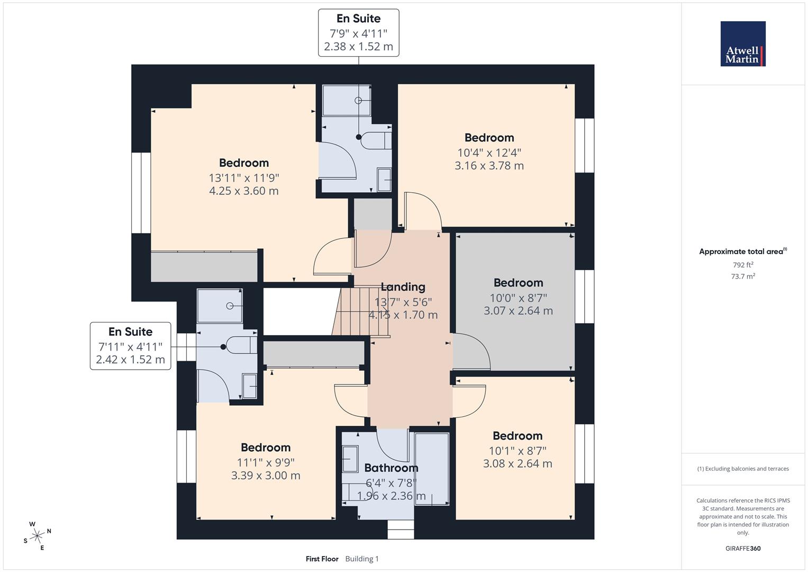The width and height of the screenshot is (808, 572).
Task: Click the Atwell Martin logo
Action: (x=742, y=44)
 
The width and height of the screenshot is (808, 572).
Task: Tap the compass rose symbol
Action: (x=37, y=536)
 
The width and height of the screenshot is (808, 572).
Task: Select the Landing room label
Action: (x=403, y=287)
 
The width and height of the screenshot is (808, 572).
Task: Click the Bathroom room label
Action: (x=391, y=468)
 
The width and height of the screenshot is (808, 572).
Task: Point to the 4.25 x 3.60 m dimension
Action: (x=243, y=191)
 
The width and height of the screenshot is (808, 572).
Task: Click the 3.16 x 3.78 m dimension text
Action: (x=489, y=166)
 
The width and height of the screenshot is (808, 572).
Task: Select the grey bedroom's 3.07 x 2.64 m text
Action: (x=518, y=311)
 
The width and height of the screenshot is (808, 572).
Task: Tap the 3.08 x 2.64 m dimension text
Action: (x=517, y=464)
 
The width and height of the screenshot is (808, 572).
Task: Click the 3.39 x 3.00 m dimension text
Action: (x=265, y=476)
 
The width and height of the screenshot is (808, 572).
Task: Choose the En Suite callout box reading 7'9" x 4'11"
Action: (x=358, y=33)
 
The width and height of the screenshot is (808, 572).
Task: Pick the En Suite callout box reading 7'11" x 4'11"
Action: (x=130, y=346)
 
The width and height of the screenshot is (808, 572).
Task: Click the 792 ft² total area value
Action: (x=743, y=265)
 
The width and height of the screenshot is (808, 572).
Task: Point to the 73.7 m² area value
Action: (x=743, y=276)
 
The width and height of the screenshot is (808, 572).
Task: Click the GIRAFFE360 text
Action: (x=743, y=548)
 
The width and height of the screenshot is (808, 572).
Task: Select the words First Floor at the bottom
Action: (x=322, y=559)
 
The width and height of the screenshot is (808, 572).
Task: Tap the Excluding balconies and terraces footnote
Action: (x=743, y=469)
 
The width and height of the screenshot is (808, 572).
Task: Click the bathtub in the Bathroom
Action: (x=432, y=469)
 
